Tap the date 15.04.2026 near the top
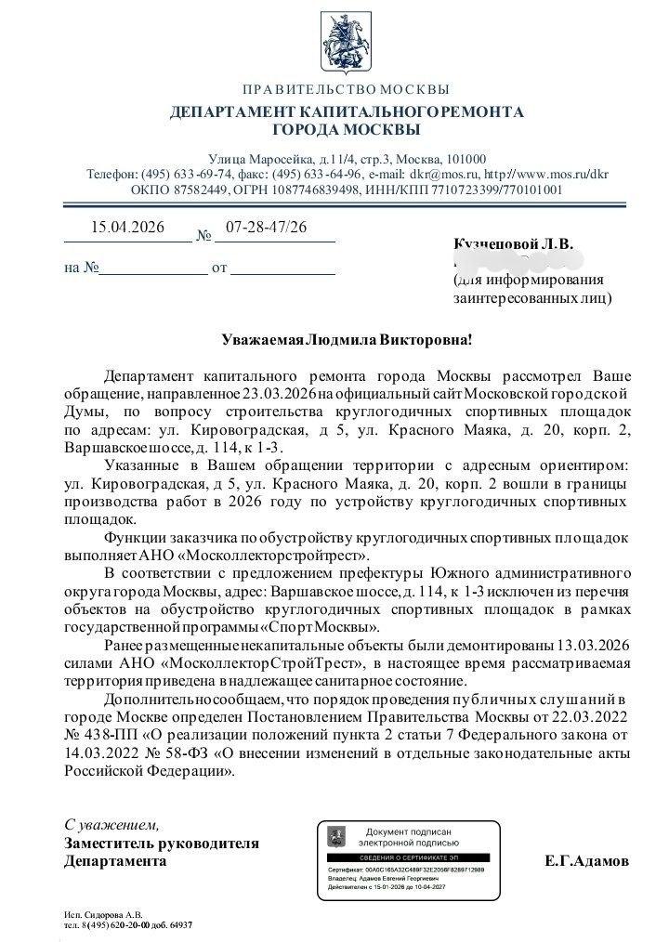coord(127,228)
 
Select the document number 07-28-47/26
coord(267,228)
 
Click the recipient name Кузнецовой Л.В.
coord(513,244)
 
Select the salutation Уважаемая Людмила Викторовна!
coord(347,340)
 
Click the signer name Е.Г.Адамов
coord(586,861)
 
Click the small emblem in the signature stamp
coord(336,836)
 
